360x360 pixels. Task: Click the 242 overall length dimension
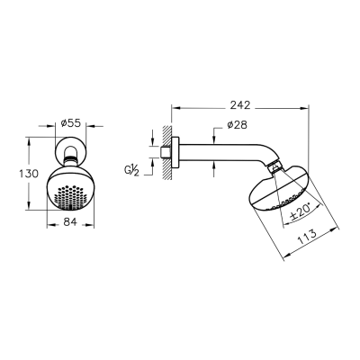point(240,105)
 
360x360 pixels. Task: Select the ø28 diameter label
point(238,125)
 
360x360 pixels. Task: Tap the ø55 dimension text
point(70,122)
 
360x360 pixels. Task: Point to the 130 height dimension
point(29,174)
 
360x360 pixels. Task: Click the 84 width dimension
point(70,221)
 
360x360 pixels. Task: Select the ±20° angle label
point(301,211)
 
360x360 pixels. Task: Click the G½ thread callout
point(131,171)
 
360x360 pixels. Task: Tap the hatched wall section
point(166,153)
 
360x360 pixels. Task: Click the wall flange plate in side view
point(175,153)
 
